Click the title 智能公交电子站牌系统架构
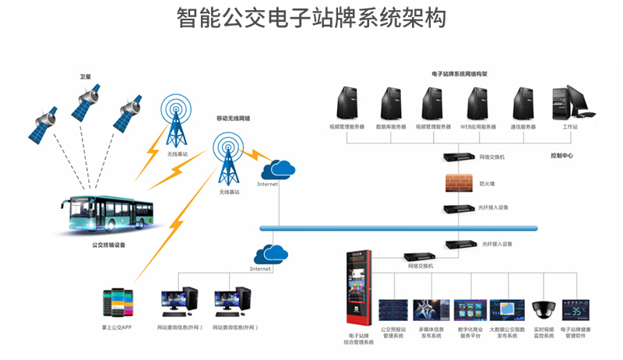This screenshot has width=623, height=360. (311, 17)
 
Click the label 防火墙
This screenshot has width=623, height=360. (487, 184)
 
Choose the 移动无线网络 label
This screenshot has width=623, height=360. (238, 118)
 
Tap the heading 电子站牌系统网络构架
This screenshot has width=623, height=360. (459, 73)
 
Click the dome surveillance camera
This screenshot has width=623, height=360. (542, 309)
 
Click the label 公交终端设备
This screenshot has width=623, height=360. (108, 244)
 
